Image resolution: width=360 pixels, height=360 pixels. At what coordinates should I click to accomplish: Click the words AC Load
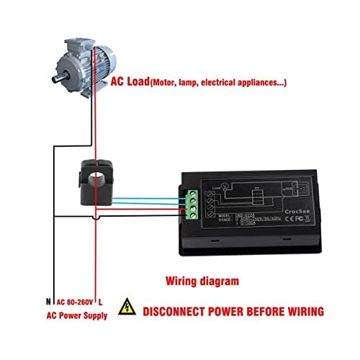point(129,83)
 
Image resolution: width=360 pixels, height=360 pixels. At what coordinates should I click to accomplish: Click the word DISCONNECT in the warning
point(173,312)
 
